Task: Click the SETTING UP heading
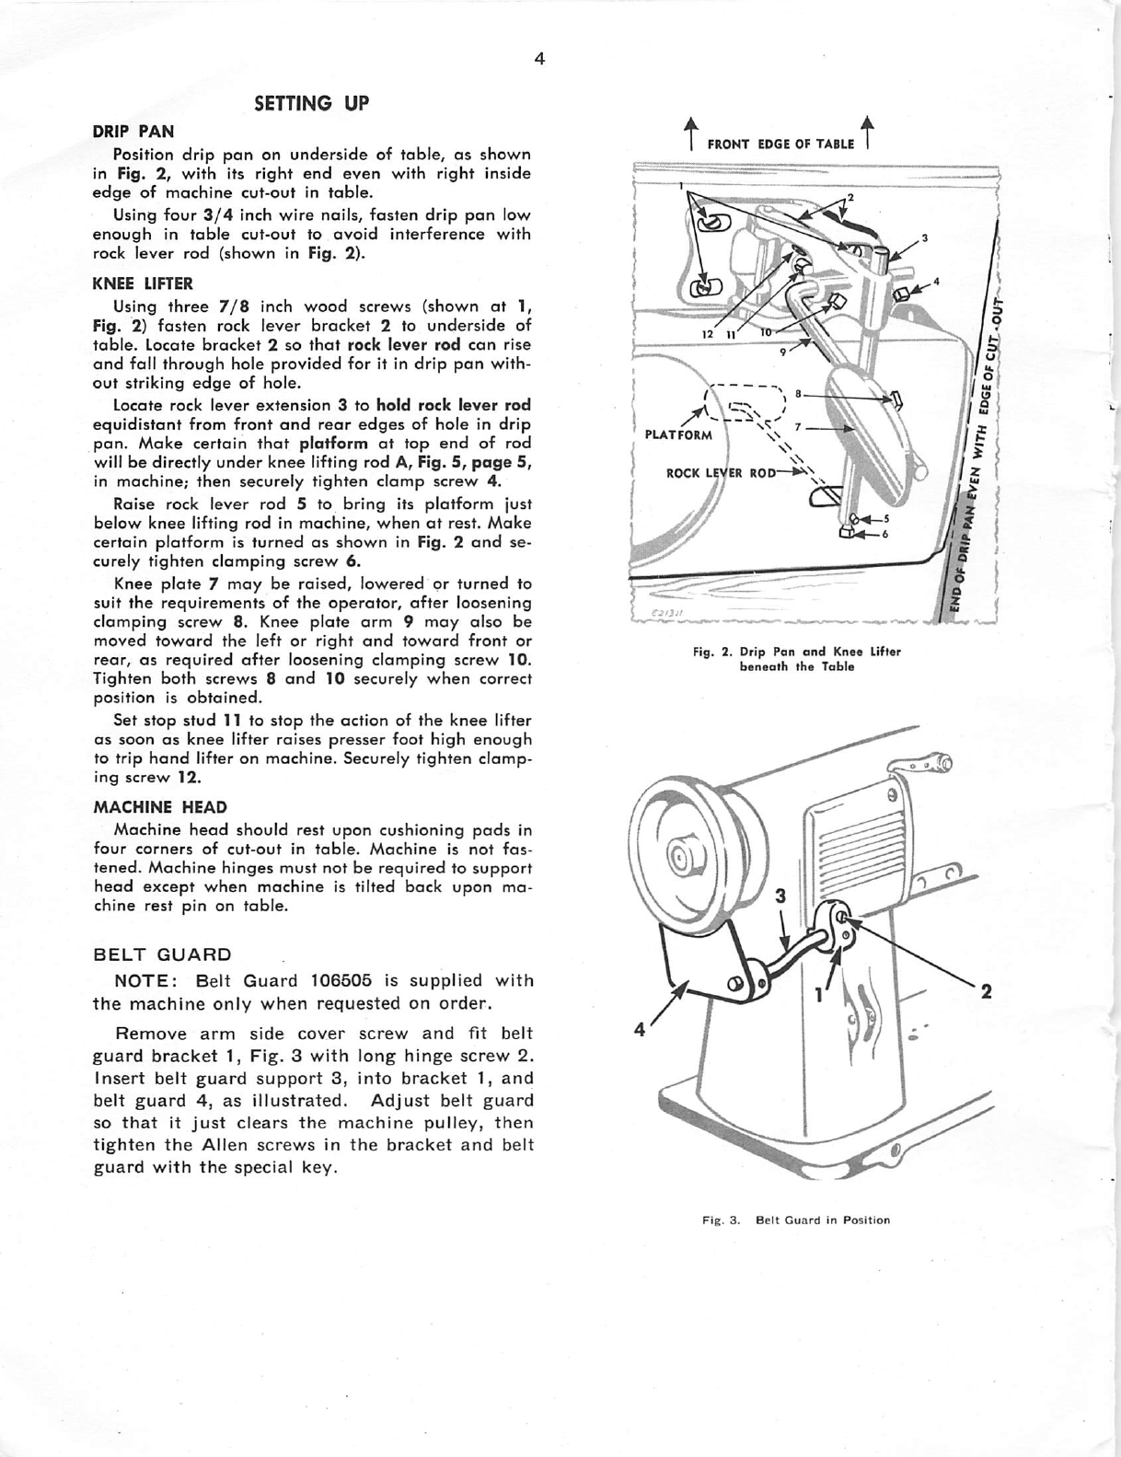pyautogui.click(x=311, y=103)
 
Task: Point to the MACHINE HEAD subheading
pyautogui.click(x=160, y=807)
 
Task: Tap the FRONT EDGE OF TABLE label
pyautogui.click(x=780, y=144)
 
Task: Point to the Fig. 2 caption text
pyautogui.click(x=796, y=658)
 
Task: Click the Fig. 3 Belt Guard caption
pyautogui.click(x=796, y=1220)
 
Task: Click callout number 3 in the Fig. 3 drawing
pyautogui.click(x=780, y=896)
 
